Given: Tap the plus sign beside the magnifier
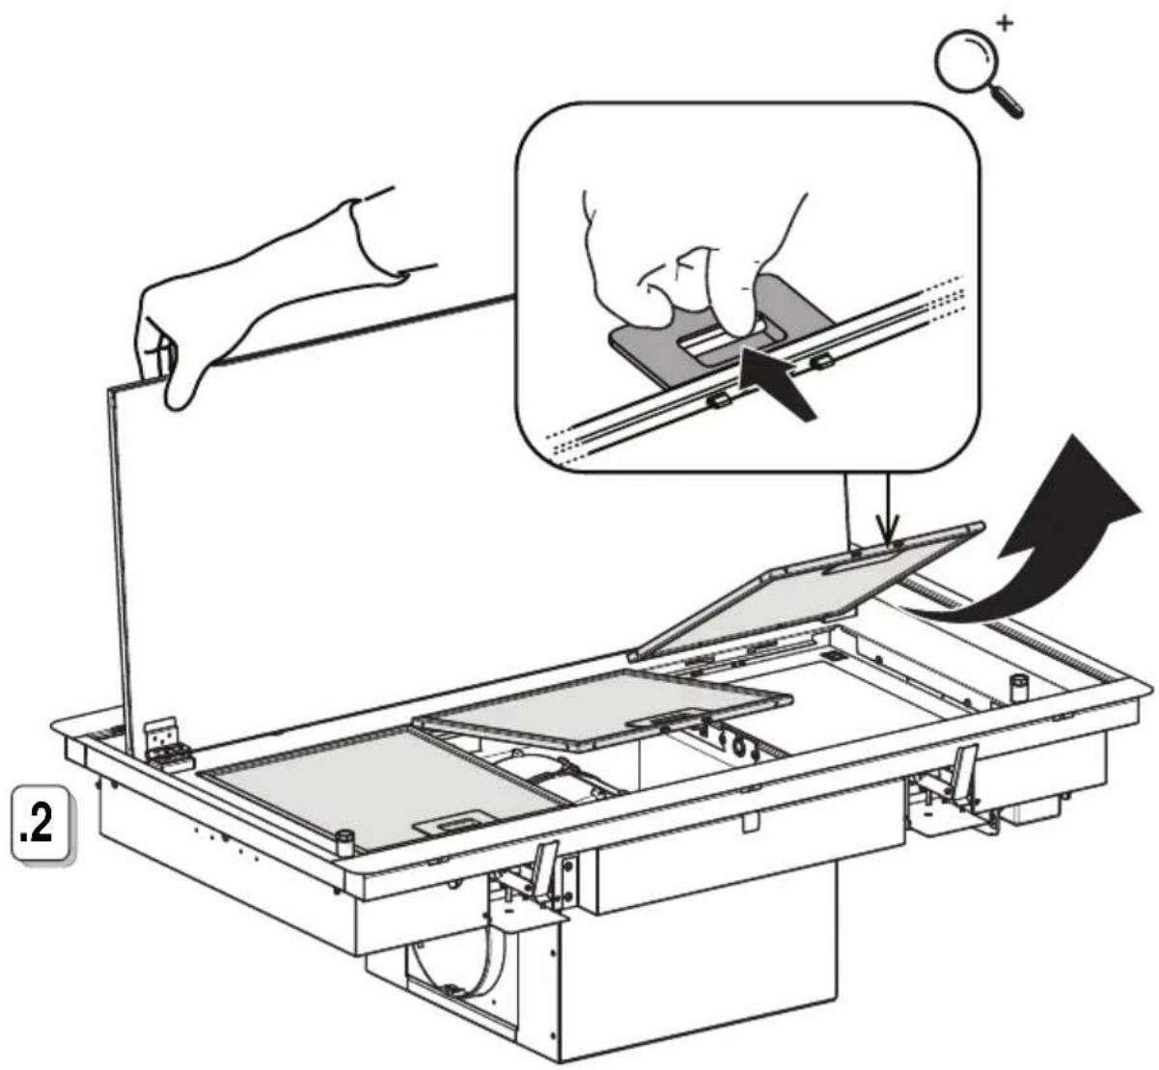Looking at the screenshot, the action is (x=1005, y=23).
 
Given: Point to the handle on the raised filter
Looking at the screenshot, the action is (x=868, y=565).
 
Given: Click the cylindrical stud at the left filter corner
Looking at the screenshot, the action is (x=345, y=843).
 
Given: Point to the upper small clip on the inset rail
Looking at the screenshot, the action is (x=821, y=363).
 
